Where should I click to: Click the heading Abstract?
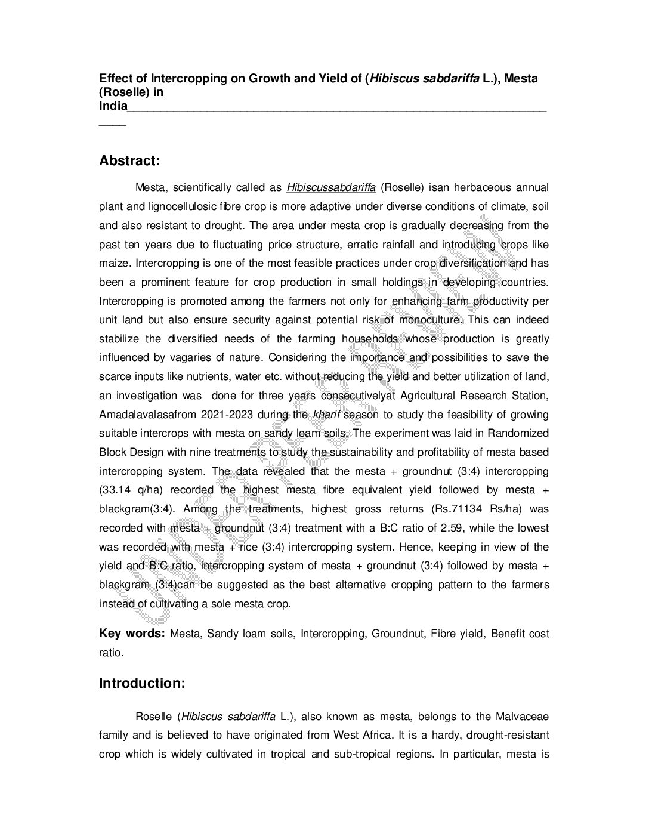[129, 161]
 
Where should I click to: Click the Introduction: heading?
[142, 683]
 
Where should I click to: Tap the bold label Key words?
[132, 634]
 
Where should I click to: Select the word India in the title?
[113, 106]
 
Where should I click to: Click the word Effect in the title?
[115, 78]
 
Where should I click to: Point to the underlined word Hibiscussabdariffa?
[331, 188]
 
